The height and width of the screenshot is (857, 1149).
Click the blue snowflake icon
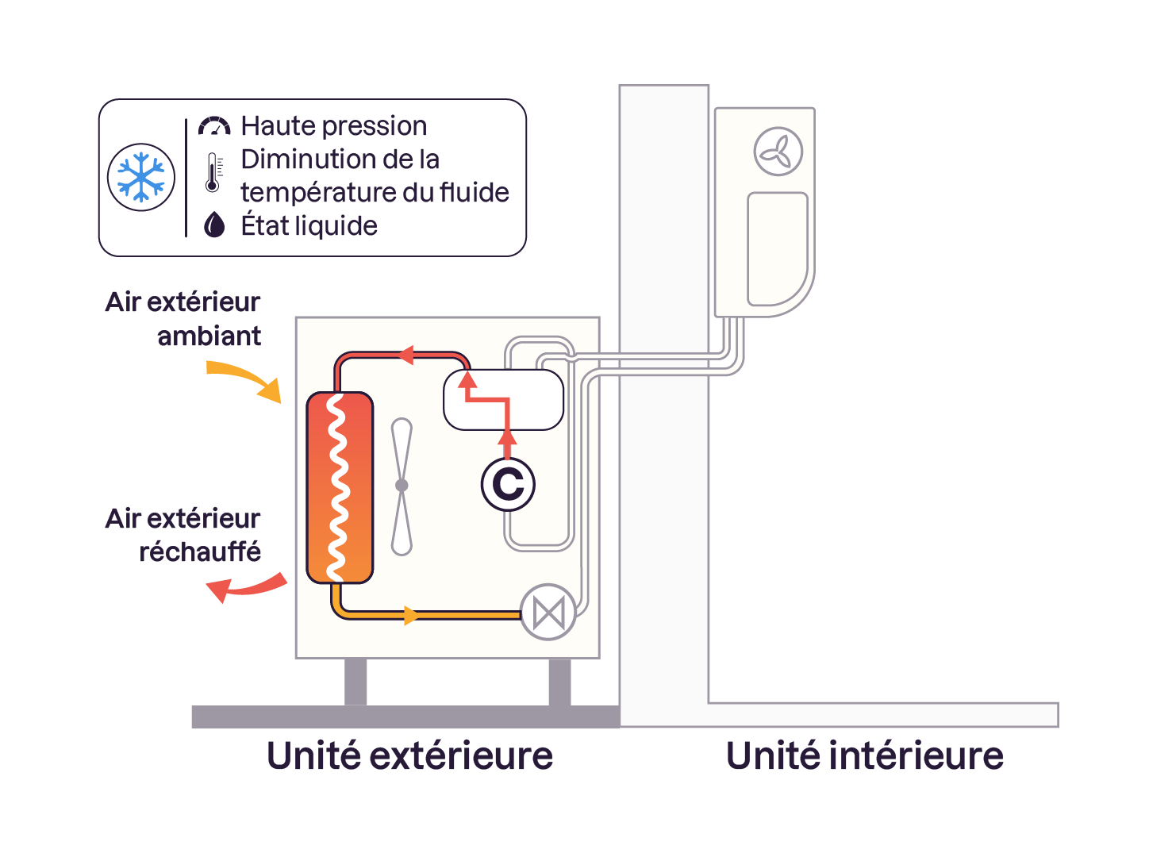click(141, 176)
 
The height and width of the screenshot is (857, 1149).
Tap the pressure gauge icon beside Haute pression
click(214, 126)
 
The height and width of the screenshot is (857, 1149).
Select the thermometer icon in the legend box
click(213, 173)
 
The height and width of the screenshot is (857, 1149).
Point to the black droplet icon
click(214, 225)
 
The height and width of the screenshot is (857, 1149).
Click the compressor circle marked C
click(508, 484)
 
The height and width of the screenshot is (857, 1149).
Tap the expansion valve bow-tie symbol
click(548, 613)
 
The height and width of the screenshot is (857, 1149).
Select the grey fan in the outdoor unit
click(402, 486)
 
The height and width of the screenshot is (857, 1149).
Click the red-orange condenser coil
click(340, 487)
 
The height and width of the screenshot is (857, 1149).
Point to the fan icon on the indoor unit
click(778, 151)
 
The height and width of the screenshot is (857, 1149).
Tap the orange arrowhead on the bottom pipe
click(411, 614)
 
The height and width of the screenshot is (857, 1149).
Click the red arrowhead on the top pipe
click(405, 355)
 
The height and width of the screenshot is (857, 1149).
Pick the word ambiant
click(209, 336)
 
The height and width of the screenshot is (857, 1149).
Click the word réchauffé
click(200, 551)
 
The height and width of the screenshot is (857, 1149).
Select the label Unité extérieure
click(409, 755)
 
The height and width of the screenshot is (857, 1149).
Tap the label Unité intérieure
click(864, 755)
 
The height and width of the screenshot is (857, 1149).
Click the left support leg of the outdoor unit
click(355, 681)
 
